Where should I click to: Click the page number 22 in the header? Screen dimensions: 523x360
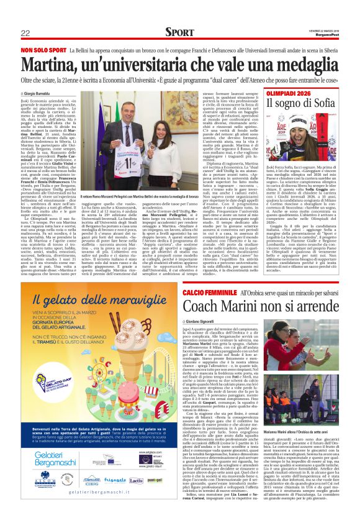click(x=25, y=32)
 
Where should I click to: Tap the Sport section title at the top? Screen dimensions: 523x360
click(x=179, y=32)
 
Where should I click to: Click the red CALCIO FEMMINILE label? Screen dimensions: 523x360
click(x=211, y=292)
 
